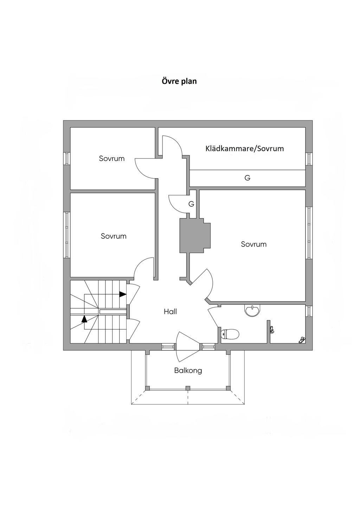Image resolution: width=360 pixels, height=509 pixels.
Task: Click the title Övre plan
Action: (x=179, y=81)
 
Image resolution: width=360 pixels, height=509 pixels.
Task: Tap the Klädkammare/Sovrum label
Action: (x=244, y=148)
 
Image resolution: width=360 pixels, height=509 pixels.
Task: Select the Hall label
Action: (x=170, y=311)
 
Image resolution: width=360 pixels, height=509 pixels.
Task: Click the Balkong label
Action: (x=188, y=370)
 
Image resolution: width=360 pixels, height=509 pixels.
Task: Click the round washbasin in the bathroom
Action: (x=252, y=310)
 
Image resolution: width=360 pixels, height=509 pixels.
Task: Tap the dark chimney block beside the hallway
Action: (x=195, y=235)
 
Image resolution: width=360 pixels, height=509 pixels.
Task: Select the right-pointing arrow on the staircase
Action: (x=123, y=294)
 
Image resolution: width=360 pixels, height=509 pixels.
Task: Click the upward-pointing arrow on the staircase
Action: (x=84, y=319)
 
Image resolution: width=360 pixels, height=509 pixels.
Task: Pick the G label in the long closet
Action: (x=247, y=178)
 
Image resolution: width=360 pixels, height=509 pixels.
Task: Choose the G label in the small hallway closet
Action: (x=191, y=204)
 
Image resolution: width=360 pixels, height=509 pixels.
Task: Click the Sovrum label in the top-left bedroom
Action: (x=112, y=159)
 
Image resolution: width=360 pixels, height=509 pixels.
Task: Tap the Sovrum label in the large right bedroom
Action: (x=253, y=244)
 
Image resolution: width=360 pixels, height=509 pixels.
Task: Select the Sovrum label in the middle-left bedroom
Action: (x=114, y=236)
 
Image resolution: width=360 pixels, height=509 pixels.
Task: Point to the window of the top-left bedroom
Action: (x=66, y=158)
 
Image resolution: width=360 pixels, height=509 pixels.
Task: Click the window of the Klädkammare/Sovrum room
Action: (x=309, y=159)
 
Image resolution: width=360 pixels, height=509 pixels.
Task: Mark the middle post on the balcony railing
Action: (x=188, y=388)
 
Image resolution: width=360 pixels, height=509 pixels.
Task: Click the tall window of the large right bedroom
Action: (x=309, y=233)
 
